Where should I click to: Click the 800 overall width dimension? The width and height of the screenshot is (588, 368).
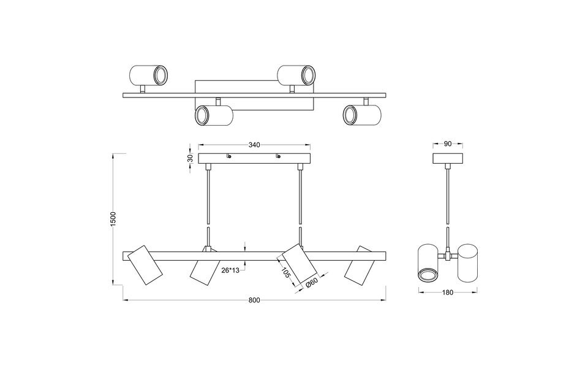(255, 301)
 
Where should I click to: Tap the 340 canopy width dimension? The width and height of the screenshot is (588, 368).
(255, 145)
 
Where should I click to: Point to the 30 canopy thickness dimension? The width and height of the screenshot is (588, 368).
(190, 158)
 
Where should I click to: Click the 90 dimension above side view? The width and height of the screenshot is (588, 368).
(447, 145)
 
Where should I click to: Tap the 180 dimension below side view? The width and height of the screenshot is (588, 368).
(447, 293)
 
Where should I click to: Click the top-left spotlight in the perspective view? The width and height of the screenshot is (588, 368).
(148, 76)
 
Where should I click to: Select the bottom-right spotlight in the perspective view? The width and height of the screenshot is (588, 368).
(361, 115)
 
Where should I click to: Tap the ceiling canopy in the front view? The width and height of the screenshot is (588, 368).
(254, 158)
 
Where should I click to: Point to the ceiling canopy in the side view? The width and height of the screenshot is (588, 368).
(447, 158)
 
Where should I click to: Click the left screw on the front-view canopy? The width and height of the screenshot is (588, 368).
(229, 156)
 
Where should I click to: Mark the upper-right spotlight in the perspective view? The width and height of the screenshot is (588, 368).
(296, 75)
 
